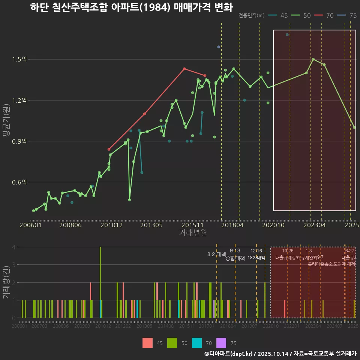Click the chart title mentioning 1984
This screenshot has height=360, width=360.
point(131,7)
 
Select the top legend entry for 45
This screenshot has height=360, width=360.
point(279,15)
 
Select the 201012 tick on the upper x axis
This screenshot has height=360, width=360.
point(111,225)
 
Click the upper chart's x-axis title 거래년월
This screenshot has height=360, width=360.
point(193,232)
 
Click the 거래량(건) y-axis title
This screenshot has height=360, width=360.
point(5,282)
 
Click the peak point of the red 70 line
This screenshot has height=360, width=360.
point(184,69)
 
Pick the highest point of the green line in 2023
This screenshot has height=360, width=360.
point(313,59)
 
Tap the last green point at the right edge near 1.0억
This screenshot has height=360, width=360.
point(354,127)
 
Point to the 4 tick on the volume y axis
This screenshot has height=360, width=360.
point(13,247)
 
